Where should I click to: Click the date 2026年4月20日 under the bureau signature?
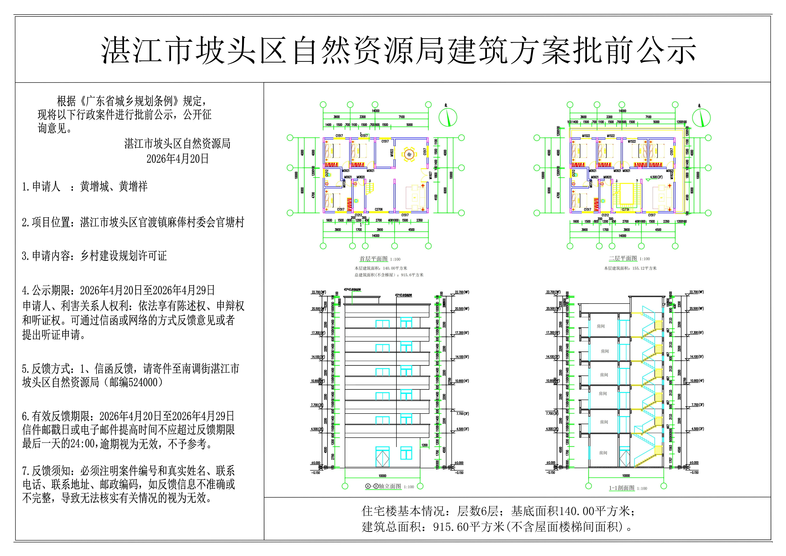pos(177,159)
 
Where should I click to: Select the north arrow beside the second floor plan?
pos(701,117)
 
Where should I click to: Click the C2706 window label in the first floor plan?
pos(379,209)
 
